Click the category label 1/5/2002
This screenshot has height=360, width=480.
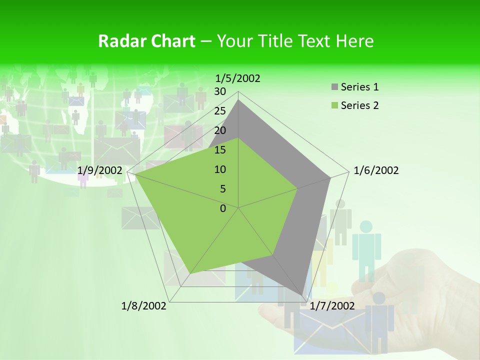click(x=237, y=78)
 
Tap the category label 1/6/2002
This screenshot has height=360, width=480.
click(x=376, y=170)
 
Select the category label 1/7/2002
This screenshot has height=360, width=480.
click(x=332, y=305)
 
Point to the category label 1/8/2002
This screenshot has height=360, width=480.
click(x=144, y=305)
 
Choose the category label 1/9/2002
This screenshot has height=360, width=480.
click(x=100, y=170)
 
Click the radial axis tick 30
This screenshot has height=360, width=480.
click(x=220, y=91)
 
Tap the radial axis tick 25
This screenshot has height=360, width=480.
click(x=220, y=111)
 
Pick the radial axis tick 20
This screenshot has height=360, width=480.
click(x=220, y=130)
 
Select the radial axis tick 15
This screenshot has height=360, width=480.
click(x=220, y=150)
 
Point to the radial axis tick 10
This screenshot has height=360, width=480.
click(x=220, y=169)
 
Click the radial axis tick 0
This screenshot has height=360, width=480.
click(x=223, y=208)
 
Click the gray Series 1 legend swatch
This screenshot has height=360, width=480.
click(x=334, y=87)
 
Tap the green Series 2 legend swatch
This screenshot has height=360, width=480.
click(x=334, y=105)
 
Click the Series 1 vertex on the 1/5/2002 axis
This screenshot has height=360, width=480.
click(x=238, y=99)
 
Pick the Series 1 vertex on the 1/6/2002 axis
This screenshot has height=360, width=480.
click(x=330, y=177)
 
